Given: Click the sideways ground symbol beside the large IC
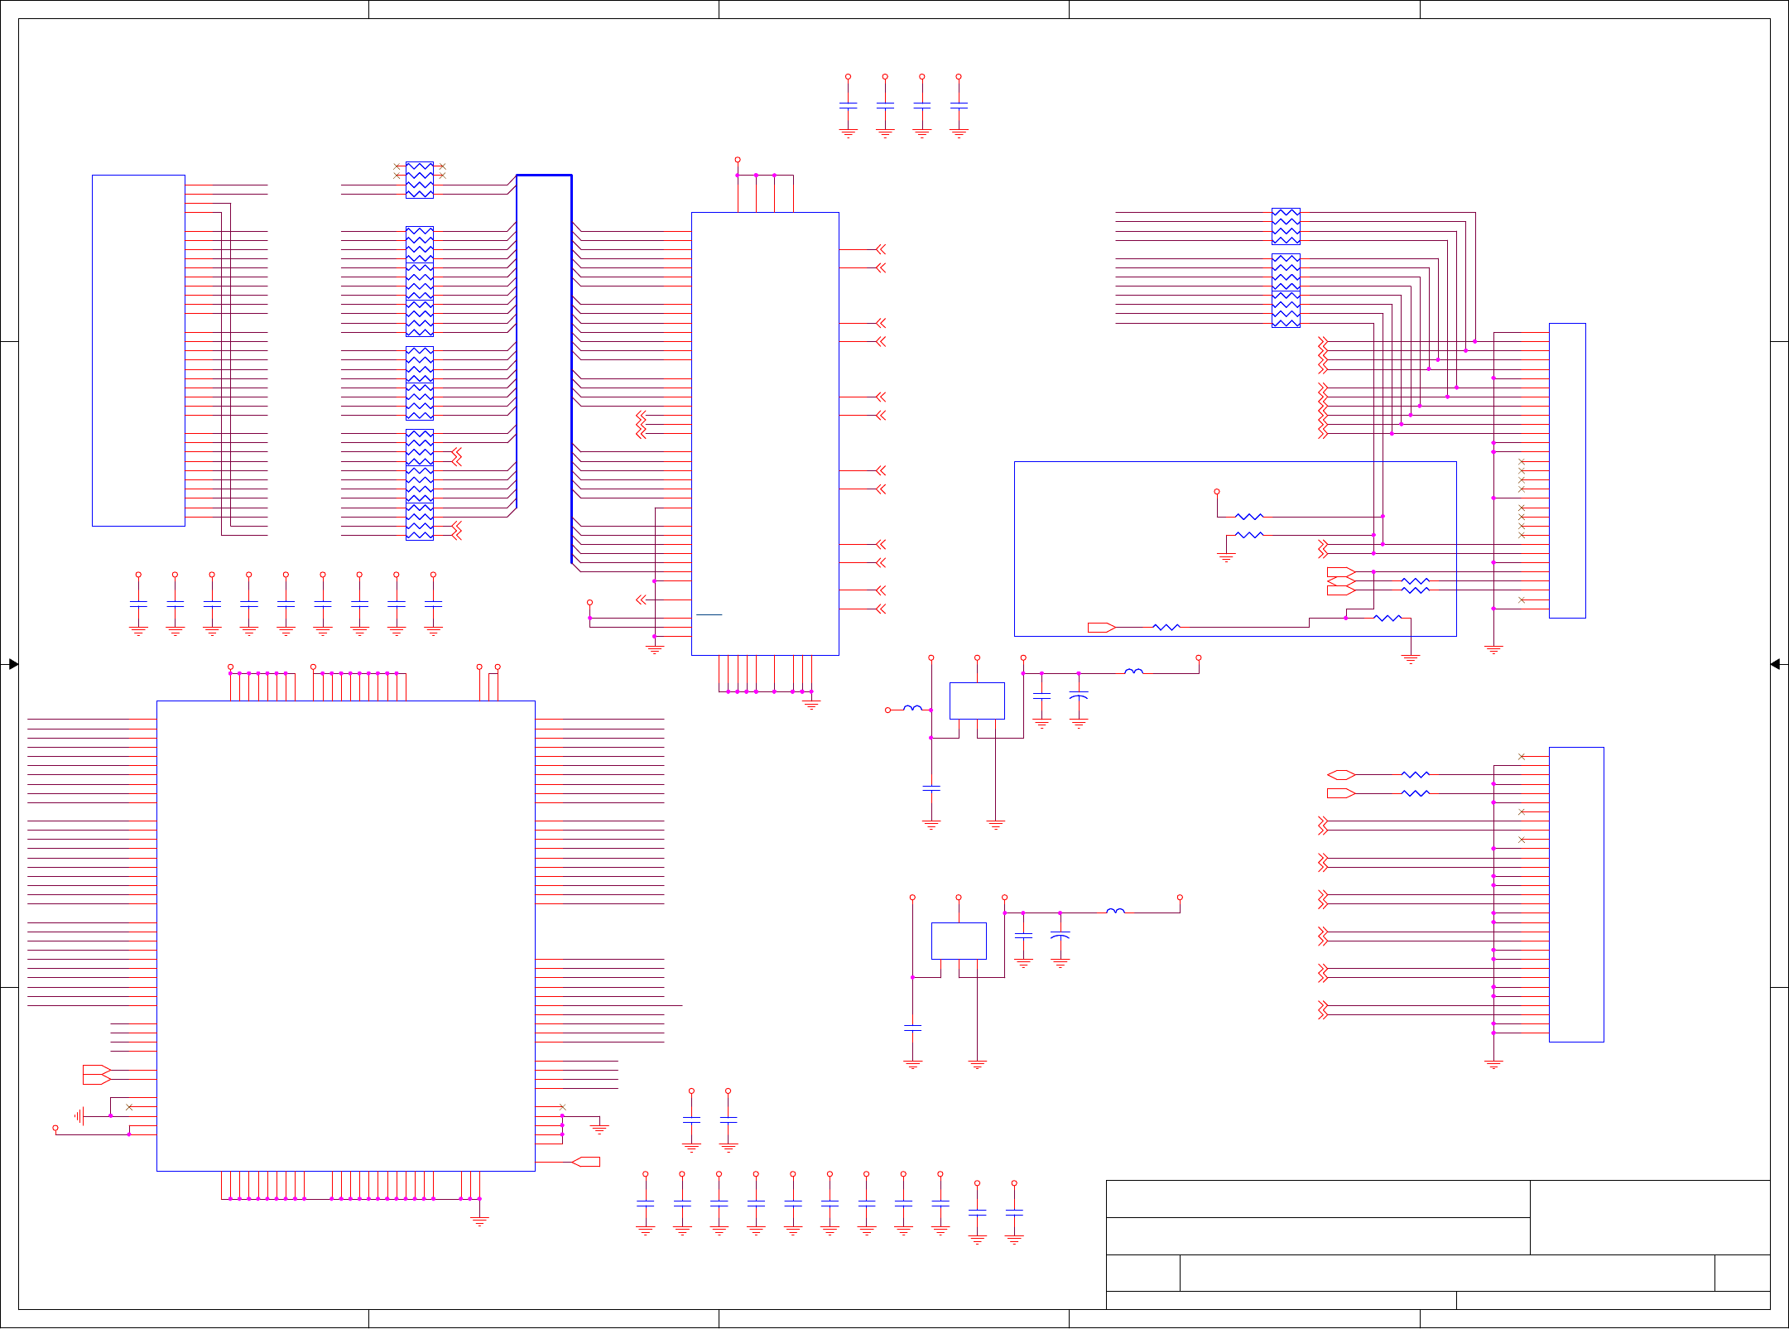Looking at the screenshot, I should pos(79,1116).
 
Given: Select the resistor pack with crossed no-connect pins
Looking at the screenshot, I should pos(420,180).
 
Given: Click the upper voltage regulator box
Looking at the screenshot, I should pos(977,701).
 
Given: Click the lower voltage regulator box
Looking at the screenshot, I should pos(959,941).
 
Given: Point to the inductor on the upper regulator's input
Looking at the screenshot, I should pos(912,709).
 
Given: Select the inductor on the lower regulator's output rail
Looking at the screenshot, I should pos(1116,912).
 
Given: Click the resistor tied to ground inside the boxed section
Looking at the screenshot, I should pos(1249,535).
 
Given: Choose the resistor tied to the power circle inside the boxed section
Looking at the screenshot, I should pos(1249,517).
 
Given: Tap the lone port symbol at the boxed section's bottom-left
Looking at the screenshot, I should pos(1101,628).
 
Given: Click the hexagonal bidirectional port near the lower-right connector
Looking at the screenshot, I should pos(1341,775).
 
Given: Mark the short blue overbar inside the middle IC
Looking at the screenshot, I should pos(709,614).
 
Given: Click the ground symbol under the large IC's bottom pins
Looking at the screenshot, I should pos(479,1221).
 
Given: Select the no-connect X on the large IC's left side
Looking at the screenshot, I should pos(129,1107).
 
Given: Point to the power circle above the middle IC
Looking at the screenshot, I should pos(738,160).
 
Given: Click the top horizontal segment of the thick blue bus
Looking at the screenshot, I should pos(544,176).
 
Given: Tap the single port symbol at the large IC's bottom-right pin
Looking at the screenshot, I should pos(586,1162).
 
